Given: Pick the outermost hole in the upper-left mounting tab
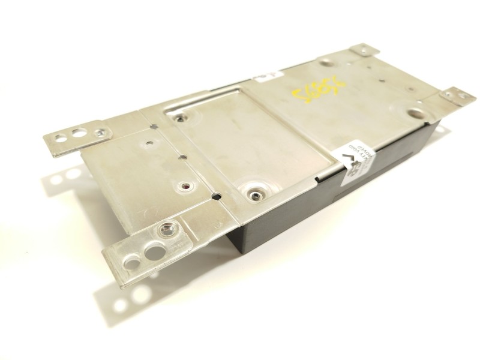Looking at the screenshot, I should (x=61, y=139).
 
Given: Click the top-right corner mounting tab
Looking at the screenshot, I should (x=364, y=50).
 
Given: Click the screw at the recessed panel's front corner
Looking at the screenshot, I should (x=257, y=193).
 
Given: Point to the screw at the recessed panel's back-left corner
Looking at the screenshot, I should (x=179, y=119).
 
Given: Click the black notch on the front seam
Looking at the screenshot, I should (x=216, y=196).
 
